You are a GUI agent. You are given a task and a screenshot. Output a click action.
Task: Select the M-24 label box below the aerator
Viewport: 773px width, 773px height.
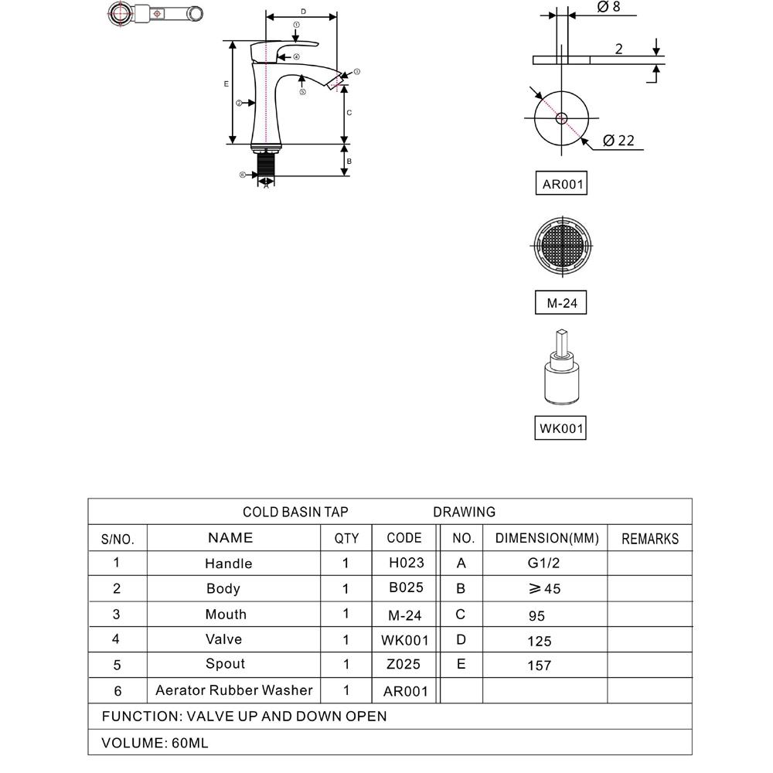(561, 303)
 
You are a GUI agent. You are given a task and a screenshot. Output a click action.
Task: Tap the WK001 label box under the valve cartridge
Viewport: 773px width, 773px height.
(560, 427)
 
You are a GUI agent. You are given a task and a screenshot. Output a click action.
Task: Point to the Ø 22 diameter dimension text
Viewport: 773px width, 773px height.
(618, 140)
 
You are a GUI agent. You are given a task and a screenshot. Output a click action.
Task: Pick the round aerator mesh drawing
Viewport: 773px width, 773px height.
(561, 246)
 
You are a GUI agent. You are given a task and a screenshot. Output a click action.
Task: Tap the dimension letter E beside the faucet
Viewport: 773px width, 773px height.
(226, 83)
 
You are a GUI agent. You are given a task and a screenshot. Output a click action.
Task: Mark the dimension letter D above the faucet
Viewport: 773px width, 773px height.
(303, 12)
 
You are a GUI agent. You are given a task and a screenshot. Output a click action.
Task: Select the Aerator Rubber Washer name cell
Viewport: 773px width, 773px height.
(233, 690)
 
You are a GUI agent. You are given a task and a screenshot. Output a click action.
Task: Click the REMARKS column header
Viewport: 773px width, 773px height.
(649, 539)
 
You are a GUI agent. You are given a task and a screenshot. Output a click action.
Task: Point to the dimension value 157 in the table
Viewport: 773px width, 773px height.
(539, 666)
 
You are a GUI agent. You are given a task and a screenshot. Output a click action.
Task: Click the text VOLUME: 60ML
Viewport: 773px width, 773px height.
(155, 743)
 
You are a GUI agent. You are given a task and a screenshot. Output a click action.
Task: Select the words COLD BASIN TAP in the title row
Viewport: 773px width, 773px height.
(295, 512)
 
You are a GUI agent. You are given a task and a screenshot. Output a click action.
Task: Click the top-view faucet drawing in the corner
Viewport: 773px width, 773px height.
(155, 14)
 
